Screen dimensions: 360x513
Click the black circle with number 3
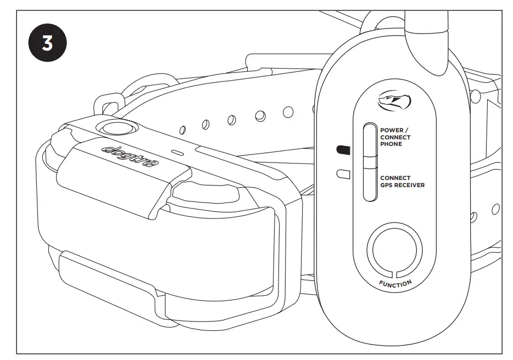click(47, 44)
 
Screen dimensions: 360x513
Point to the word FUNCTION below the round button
click(395, 283)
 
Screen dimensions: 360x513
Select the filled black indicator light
click(342, 149)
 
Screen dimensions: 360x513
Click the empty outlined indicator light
click(342, 174)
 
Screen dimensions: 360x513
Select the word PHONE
click(391, 144)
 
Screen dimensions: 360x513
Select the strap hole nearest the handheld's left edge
click(288, 112)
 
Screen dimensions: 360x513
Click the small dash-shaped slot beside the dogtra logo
click(177, 150)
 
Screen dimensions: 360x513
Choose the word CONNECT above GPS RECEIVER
click(395, 178)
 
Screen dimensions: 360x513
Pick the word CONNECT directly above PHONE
click(395, 137)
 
